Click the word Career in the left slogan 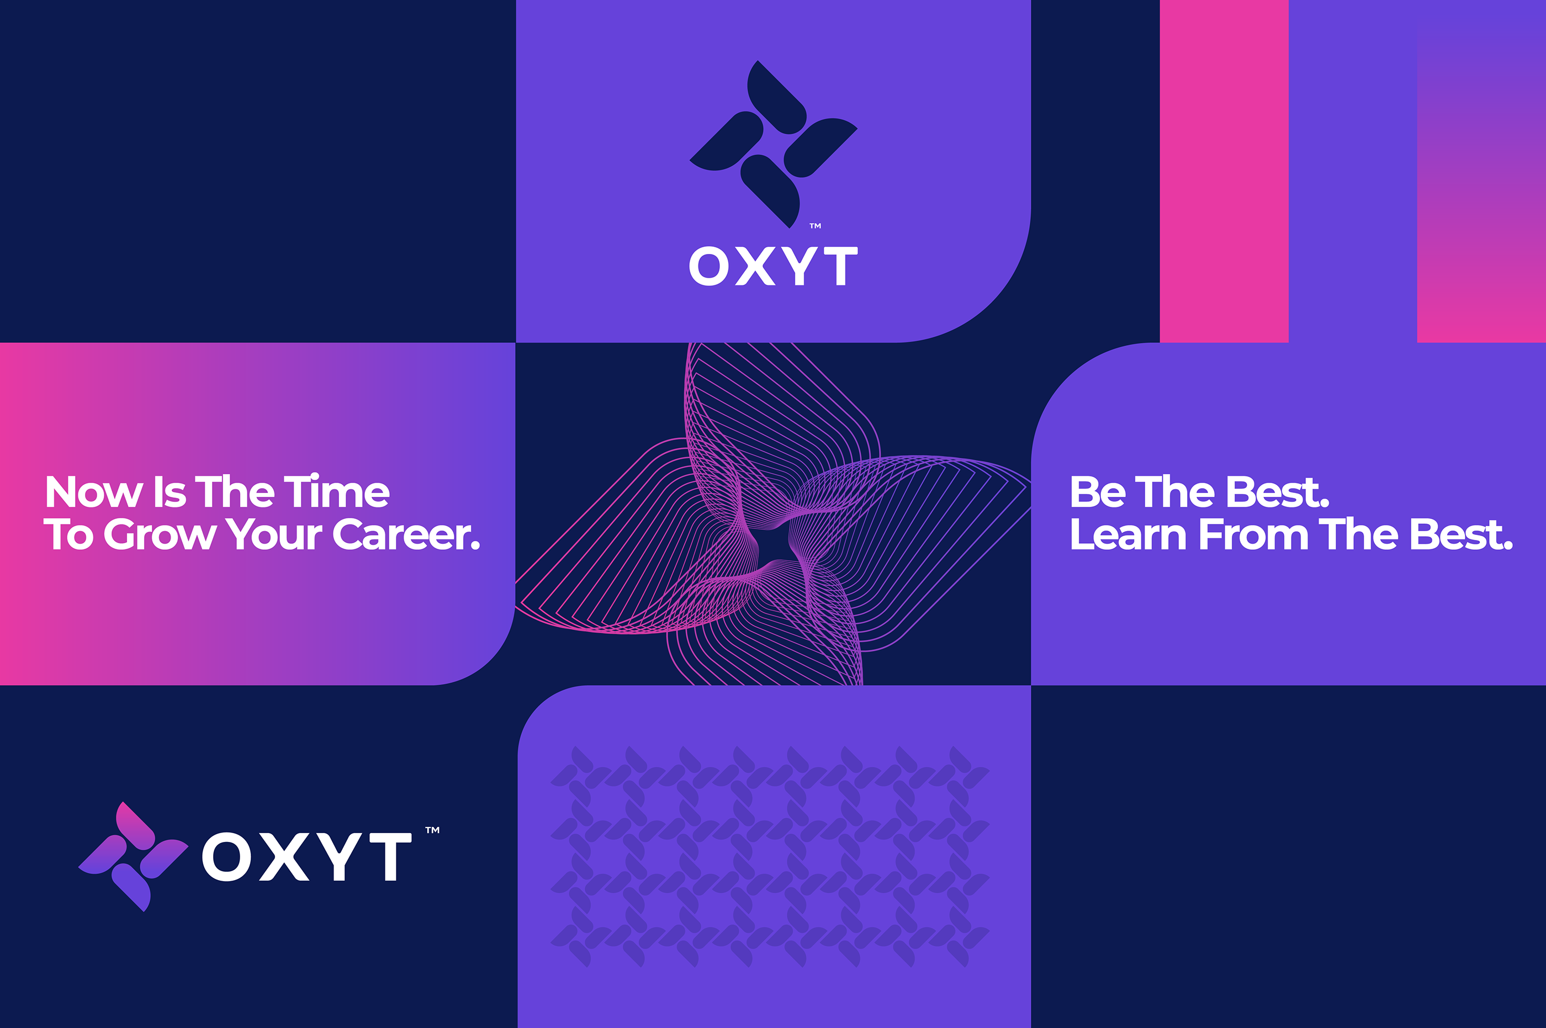click(x=401, y=534)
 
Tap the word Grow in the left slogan click(x=160, y=534)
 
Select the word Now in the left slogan click(x=94, y=492)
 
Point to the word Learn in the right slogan click(x=1127, y=534)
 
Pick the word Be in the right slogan click(x=1098, y=492)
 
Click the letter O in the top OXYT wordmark click(x=710, y=266)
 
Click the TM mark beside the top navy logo click(x=815, y=226)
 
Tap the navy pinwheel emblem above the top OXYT click(x=773, y=144)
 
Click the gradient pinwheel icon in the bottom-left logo click(x=133, y=856)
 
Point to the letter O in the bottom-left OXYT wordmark click(x=227, y=856)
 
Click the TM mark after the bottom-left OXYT click(x=433, y=830)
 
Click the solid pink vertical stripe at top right click(x=1224, y=171)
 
